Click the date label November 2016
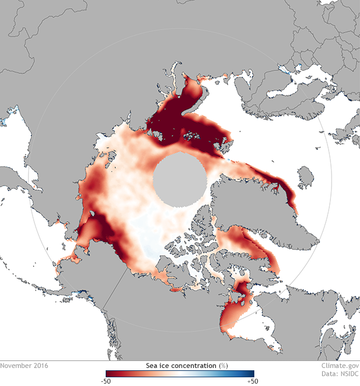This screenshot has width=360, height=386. tap(24, 366)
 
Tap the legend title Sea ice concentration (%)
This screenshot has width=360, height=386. tap(179, 365)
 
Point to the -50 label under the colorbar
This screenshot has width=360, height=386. tap(106, 381)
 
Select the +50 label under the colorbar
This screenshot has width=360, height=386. tap(253, 381)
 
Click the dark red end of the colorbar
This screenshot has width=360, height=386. tap(110, 373)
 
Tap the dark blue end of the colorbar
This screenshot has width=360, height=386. tap(250, 373)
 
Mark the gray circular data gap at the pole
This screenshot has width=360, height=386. tap(179, 180)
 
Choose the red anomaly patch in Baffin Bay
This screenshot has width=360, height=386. tap(250, 244)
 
